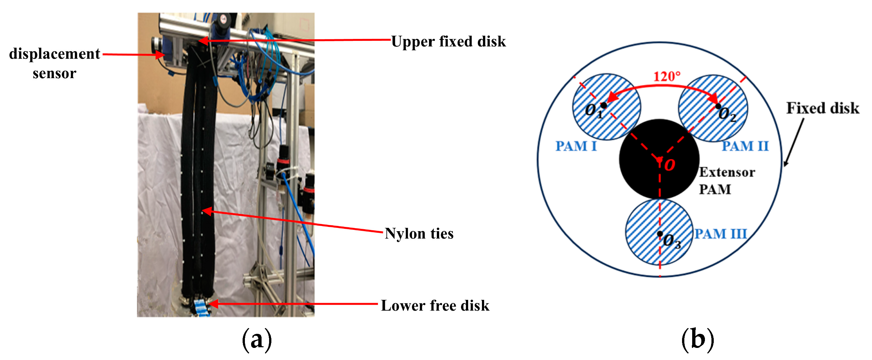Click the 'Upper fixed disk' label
pyautogui.click(x=448, y=42)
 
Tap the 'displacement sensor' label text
pyautogui.click(x=54, y=63)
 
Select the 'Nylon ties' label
pyautogui.click(x=419, y=234)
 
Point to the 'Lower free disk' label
pyautogui.click(x=435, y=305)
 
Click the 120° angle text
pyautogui.click(x=667, y=77)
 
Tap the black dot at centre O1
pyautogui.click(x=604, y=105)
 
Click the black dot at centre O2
pyautogui.click(x=718, y=106)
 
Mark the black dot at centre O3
pyautogui.click(x=660, y=234)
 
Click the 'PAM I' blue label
pyautogui.click(x=576, y=146)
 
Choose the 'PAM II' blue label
pyautogui.click(x=745, y=146)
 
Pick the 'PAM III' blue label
pyautogui.click(x=720, y=234)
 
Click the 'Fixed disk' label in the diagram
pyautogui.click(x=823, y=108)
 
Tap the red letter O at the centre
pyautogui.click(x=670, y=165)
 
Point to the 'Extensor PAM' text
pyautogui.click(x=727, y=180)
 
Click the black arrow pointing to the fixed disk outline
pyautogui.click(x=794, y=142)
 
